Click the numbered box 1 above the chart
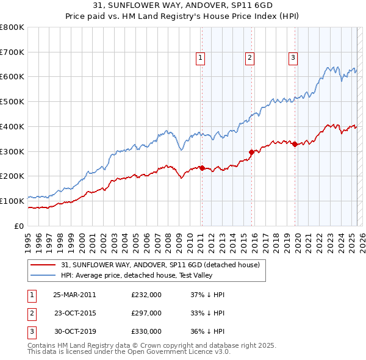[x=200, y=58]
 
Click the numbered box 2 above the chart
[x=250, y=58]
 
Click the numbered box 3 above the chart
[x=293, y=58]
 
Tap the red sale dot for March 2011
[x=202, y=168]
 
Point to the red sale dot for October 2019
[x=295, y=144]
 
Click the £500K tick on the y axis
[x=12, y=101]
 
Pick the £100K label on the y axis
[x=12, y=201]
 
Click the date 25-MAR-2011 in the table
[x=74, y=295]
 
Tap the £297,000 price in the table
[x=146, y=313]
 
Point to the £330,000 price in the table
[x=146, y=331]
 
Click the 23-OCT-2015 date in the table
[x=74, y=313]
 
